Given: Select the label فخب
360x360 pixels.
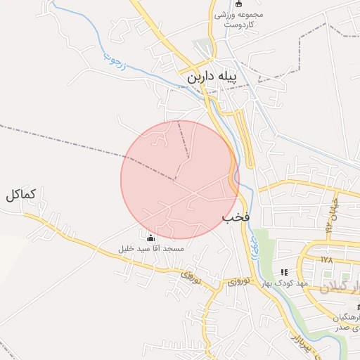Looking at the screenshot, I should point(236,217).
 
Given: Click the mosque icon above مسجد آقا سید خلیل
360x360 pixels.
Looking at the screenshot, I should point(150,237).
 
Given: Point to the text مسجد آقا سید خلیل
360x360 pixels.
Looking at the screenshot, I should point(150,249).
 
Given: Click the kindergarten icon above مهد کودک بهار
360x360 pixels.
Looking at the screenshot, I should point(284,271).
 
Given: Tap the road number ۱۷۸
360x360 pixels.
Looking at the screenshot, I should point(326,259).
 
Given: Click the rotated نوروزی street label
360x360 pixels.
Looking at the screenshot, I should point(188,276).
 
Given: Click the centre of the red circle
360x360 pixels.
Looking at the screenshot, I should point(180,179).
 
